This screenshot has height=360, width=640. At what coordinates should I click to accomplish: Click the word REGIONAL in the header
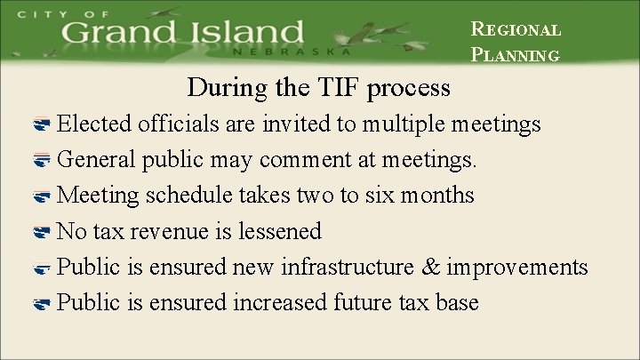[516, 28]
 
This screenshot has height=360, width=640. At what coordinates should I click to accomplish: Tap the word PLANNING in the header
[515, 54]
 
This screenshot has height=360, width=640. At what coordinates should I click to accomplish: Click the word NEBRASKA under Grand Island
[288, 52]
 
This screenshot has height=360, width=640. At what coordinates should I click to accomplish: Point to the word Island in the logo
[245, 34]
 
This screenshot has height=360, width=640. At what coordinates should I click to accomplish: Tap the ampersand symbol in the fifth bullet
[431, 267]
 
